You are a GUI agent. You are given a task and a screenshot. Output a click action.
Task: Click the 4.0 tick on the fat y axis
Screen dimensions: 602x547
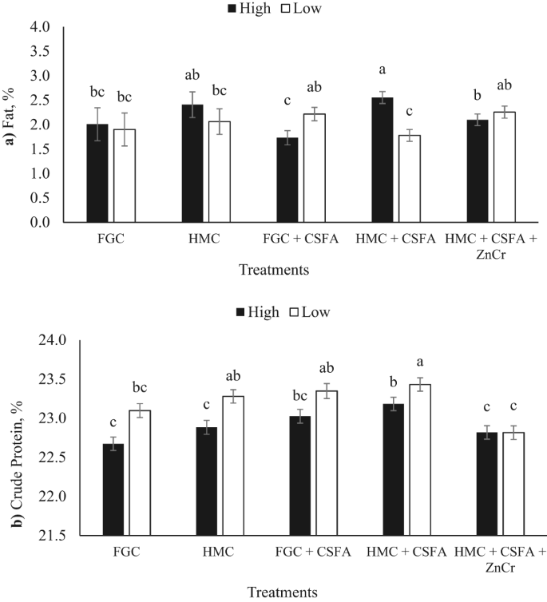click(x=40, y=27)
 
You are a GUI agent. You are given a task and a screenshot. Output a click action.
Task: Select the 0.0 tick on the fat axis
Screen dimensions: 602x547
click(x=40, y=223)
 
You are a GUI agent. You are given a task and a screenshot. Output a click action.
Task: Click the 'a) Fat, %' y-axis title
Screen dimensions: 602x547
click(x=11, y=125)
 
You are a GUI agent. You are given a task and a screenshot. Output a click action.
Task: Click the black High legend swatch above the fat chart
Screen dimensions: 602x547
click(x=233, y=9)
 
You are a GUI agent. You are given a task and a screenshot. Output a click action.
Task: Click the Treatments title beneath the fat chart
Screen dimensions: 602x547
click(x=274, y=270)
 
